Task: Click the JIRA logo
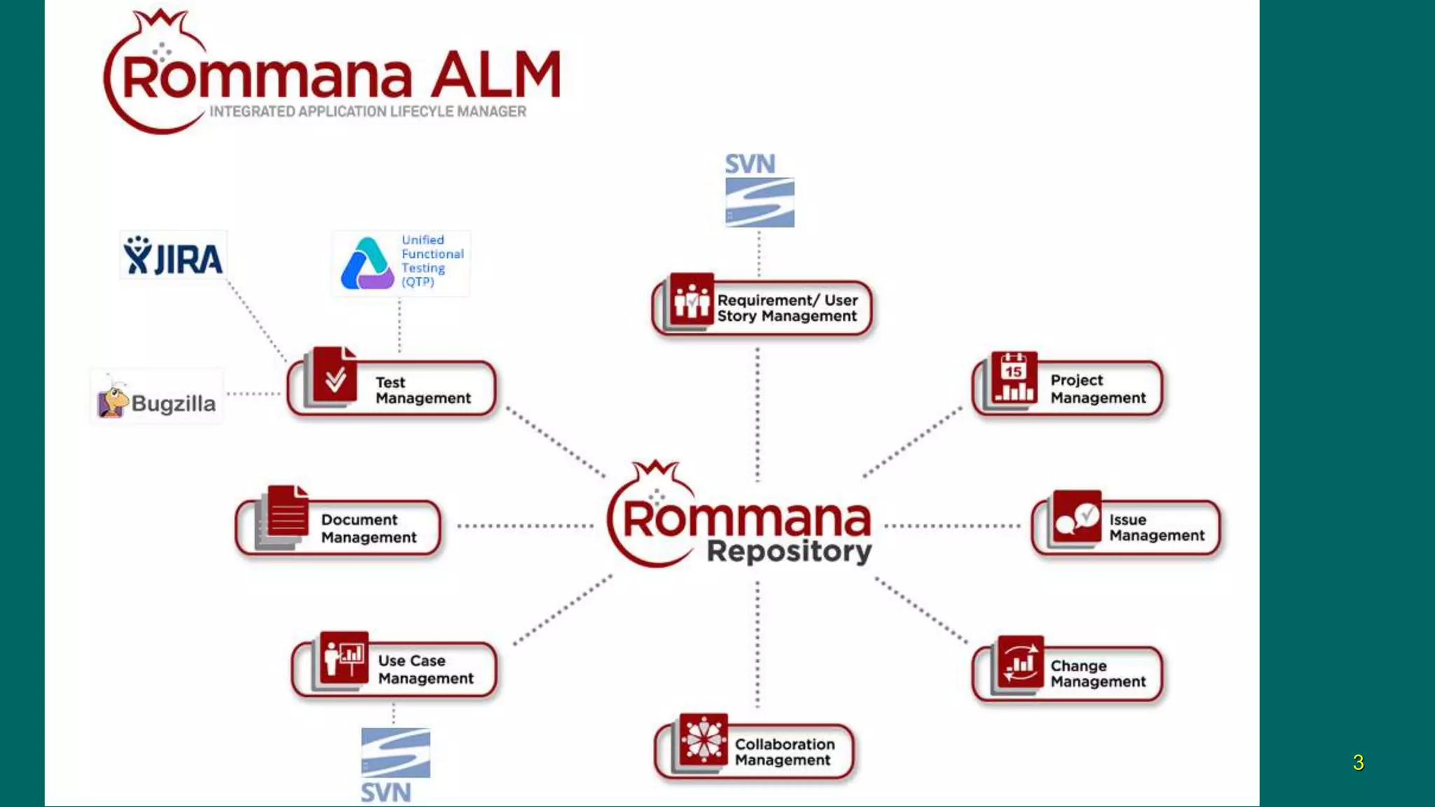173,256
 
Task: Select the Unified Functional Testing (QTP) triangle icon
366,264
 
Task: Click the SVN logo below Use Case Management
395,764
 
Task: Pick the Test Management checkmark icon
335,377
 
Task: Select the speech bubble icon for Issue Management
1077,517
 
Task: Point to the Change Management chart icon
1020,663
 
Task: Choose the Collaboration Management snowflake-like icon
703,740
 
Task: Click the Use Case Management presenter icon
344,657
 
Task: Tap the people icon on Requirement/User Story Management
691,299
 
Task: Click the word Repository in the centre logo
789,551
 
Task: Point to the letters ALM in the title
495,75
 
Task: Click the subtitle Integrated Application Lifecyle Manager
368,112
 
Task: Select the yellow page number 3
1358,762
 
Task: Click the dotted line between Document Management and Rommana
524,525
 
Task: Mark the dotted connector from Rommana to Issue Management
953,525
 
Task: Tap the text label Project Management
1097,389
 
